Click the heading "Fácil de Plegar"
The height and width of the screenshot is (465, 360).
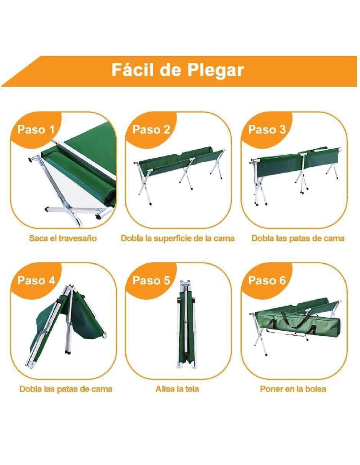178,70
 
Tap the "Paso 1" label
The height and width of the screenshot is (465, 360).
36,129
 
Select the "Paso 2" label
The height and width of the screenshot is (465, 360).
151,129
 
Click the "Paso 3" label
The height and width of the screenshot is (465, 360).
267,129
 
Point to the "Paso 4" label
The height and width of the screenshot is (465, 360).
36,280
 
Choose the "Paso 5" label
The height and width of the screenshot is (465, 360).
151,280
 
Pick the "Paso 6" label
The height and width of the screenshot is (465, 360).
267,280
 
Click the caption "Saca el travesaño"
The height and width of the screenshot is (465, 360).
63,238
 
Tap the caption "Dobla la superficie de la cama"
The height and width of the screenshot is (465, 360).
178,238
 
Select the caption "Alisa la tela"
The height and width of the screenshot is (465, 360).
177,389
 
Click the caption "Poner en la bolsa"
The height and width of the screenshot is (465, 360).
293,389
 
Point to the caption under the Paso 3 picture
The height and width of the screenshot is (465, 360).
298,238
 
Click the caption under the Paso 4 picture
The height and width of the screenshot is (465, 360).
66,389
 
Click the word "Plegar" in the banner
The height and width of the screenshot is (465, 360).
216,70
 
